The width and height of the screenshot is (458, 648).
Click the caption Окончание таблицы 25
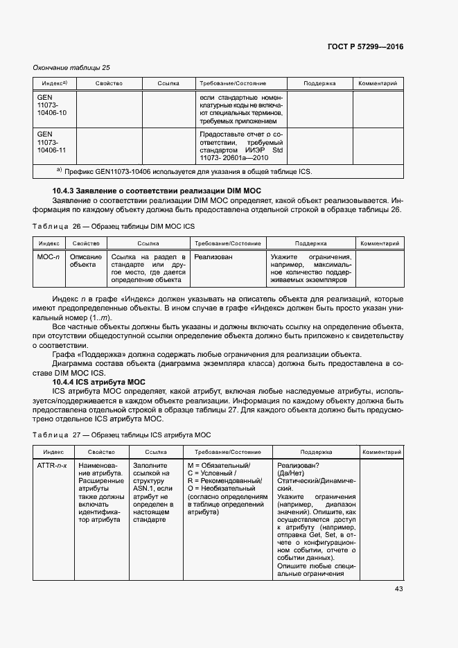click(72, 67)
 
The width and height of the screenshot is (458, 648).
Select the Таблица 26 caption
click(116, 227)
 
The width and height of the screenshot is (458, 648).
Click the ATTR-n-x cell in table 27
click(53, 466)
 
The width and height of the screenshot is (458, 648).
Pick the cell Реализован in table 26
click(213, 257)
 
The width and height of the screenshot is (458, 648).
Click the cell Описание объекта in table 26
click(87, 261)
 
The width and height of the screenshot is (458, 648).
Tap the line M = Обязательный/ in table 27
click(219, 466)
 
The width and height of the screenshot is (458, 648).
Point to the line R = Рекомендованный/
click(224, 481)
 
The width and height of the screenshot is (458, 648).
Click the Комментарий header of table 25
click(378, 83)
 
